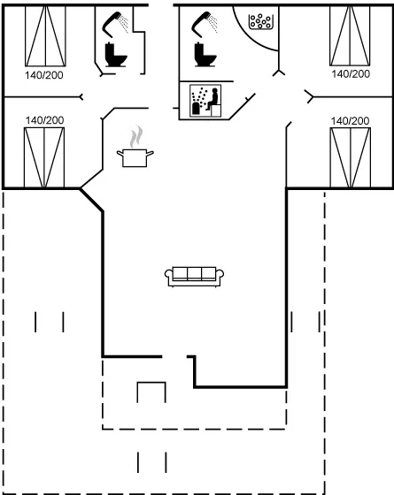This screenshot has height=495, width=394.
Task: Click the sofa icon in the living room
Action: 195,276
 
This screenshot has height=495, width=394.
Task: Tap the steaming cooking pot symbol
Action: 133,157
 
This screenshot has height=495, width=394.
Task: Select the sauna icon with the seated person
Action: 205,101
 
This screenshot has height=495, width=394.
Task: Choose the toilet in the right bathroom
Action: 205,55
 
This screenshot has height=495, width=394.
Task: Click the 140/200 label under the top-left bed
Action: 43,76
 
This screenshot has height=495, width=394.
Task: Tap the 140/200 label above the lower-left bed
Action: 43,119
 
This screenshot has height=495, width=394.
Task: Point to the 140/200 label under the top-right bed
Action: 350,76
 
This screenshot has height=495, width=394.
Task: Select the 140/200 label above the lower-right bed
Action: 350,119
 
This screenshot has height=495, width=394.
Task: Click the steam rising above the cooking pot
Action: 134,137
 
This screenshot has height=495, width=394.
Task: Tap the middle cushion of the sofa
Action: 195,274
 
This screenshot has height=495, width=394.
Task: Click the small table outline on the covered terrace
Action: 151,392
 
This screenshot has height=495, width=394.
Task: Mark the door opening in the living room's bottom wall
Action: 175,357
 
